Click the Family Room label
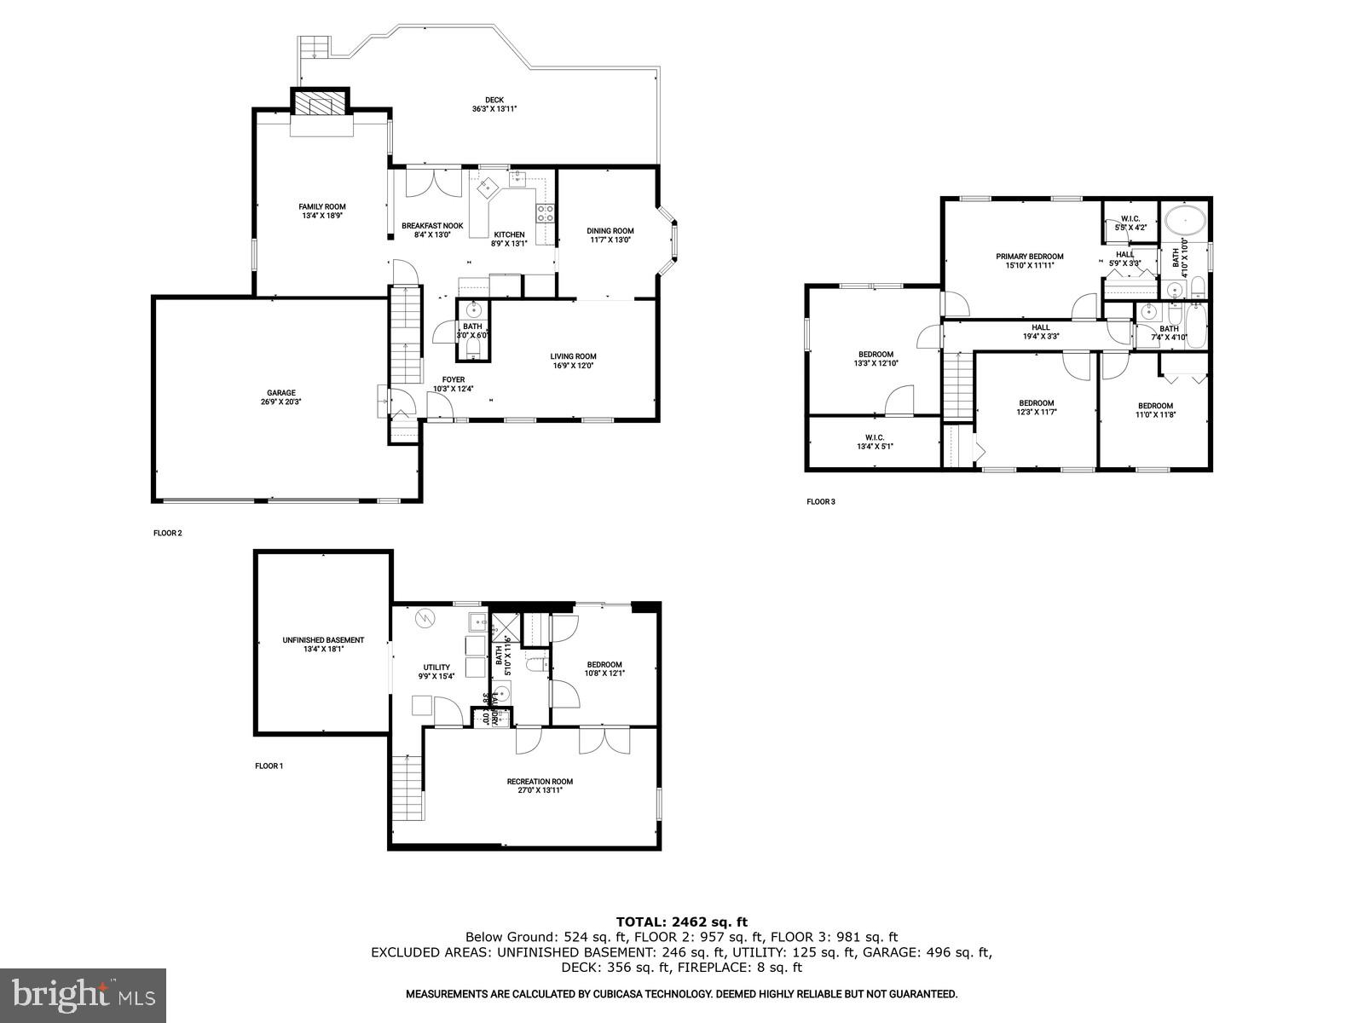tap(321, 206)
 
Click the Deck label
tap(494, 100)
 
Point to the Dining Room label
tap(610, 230)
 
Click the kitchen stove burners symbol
tap(545, 213)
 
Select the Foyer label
tap(453, 379)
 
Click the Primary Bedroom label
tap(1029, 256)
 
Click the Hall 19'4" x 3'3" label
tap(1040, 327)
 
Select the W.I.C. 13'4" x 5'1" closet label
tap(874, 437)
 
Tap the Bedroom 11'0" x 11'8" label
tap(1155, 406)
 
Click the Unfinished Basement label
tap(323, 640)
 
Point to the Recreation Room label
tap(540, 782)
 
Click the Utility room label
tap(436, 668)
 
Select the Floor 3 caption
tap(821, 502)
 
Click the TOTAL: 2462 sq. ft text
tap(681, 922)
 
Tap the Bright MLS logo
tap(84, 995)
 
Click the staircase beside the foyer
tap(407, 337)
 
